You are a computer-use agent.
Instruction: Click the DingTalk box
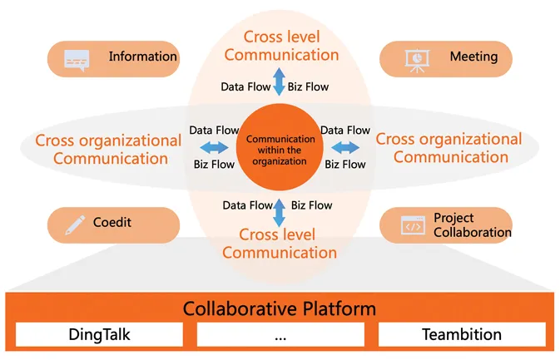(99, 334)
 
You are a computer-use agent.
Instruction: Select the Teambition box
(462, 334)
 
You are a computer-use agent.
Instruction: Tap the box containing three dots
(280, 334)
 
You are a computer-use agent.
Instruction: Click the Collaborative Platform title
(280, 309)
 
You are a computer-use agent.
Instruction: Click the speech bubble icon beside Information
(77, 59)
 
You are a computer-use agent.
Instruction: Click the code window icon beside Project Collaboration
(413, 225)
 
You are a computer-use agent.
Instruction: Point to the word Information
(142, 57)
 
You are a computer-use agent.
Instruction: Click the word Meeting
(473, 57)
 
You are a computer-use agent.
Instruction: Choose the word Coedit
(112, 223)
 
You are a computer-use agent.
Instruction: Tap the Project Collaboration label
(472, 225)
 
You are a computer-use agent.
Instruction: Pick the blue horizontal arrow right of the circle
(345, 148)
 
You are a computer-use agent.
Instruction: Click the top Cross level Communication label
(281, 46)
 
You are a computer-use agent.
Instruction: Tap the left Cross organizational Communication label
(108, 149)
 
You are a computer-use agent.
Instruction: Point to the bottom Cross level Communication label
(280, 244)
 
